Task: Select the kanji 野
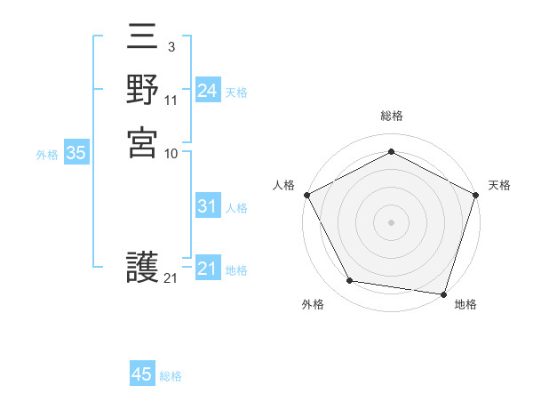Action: [x=143, y=90]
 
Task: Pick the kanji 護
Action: [x=143, y=267]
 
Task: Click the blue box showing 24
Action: [x=208, y=91]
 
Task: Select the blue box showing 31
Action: [x=208, y=206]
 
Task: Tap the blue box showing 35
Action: [x=76, y=153]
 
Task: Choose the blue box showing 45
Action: [x=142, y=374]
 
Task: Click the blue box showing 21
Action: [x=208, y=269]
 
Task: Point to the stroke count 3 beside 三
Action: [x=171, y=46]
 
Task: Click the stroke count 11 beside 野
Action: [x=171, y=100]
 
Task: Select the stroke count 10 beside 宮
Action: [x=171, y=153]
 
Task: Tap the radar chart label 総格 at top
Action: [x=392, y=116]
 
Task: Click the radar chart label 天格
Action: [x=499, y=185]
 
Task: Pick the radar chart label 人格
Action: [x=284, y=185]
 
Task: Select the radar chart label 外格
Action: [x=313, y=304]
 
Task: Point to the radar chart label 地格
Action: [x=465, y=304]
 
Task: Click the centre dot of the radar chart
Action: [x=391, y=221]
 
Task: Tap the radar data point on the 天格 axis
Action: [x=475, y=195]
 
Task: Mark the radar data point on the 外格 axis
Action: [x=350, y=281]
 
